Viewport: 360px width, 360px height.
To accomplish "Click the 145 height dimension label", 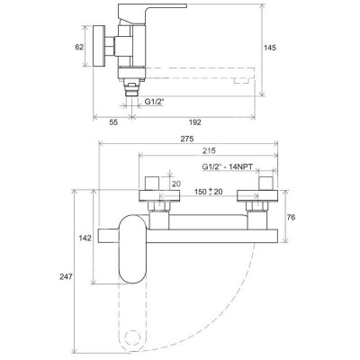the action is tap(270, 48).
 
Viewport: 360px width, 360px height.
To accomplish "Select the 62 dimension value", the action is tap(79, 47).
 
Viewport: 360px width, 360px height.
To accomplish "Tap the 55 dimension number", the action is tap(113, 122).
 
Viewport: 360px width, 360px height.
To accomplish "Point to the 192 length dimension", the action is tap(195, 122).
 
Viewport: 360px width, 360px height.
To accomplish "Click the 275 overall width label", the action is tap(188, 139).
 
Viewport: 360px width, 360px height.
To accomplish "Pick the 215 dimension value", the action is tap(209, 151).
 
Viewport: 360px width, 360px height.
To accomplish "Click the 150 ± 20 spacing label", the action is tap(208, 192).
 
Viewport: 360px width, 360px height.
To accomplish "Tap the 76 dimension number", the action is tap(291, 217).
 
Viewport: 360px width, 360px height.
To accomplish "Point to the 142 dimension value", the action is tap(85, 238).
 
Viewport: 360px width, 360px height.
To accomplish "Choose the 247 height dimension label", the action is tap(66, 276).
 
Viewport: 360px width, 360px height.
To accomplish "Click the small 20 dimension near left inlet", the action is tap(176, 184).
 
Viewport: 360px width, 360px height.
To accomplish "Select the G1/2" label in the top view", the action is tap(155, 102).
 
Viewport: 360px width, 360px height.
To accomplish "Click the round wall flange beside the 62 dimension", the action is tap(99, 46).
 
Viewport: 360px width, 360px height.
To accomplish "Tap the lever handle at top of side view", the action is tap(150, 13).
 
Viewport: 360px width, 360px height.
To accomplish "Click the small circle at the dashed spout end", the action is tap(132, 338).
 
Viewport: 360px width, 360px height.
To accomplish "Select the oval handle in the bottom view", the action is tap(133, 249).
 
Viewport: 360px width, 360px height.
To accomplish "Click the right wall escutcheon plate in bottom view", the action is tap(257, 195).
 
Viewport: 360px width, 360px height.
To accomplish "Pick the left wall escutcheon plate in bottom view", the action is tap(159, 195).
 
